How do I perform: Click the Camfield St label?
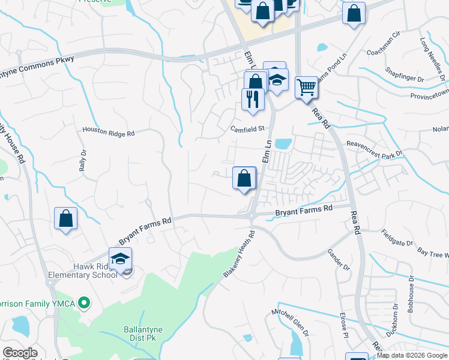[x=248, y=128]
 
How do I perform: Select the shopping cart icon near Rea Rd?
[x=306, y=88]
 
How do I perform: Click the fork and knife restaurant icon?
[x=253, y=98]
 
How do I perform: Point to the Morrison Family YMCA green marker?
[x=85, y=304]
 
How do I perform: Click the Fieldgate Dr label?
[x=397, y=240]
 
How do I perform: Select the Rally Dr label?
[x=83, y=161]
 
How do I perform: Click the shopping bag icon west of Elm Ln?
[x=244, y=179]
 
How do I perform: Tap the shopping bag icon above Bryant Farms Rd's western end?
[x=65, y=219]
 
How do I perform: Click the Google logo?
[x=20, y=353]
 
